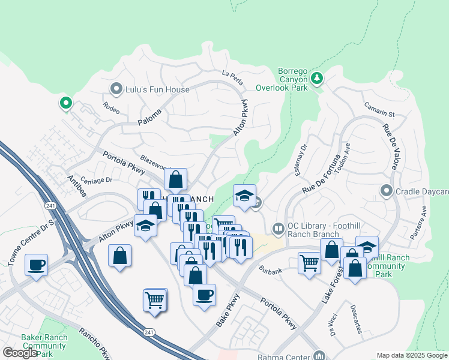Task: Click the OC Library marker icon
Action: [278, 228]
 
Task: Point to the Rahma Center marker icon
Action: [318, 356]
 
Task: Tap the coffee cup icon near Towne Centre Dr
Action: [36, 263]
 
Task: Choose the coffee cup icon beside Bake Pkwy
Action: [204, 294]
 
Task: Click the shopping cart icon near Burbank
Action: [309, 262]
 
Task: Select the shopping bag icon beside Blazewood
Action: [175, 179]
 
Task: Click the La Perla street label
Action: [232, 75]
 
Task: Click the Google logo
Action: [19, 353]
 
